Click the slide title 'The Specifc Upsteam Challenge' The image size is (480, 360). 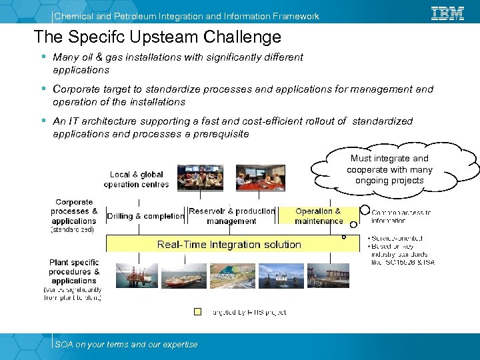(x=157, y=37)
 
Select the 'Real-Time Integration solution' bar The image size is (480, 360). (x=229, y=245)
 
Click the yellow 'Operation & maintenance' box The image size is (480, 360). (x=318, y=216)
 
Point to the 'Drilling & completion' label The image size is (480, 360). (x=145, y=216)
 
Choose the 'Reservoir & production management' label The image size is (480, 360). (x=231, y=216)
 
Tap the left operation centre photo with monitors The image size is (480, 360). (x=203, y=178)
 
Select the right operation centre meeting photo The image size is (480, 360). (x=260, y=178)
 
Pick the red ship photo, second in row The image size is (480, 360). (x=185, y=275)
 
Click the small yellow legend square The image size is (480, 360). (x=197, y=311)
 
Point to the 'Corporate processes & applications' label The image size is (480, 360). (x=74, y=211)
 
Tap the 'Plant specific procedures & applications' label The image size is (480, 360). (x=74, y=272)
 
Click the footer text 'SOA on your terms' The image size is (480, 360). (x=126, y=344)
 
